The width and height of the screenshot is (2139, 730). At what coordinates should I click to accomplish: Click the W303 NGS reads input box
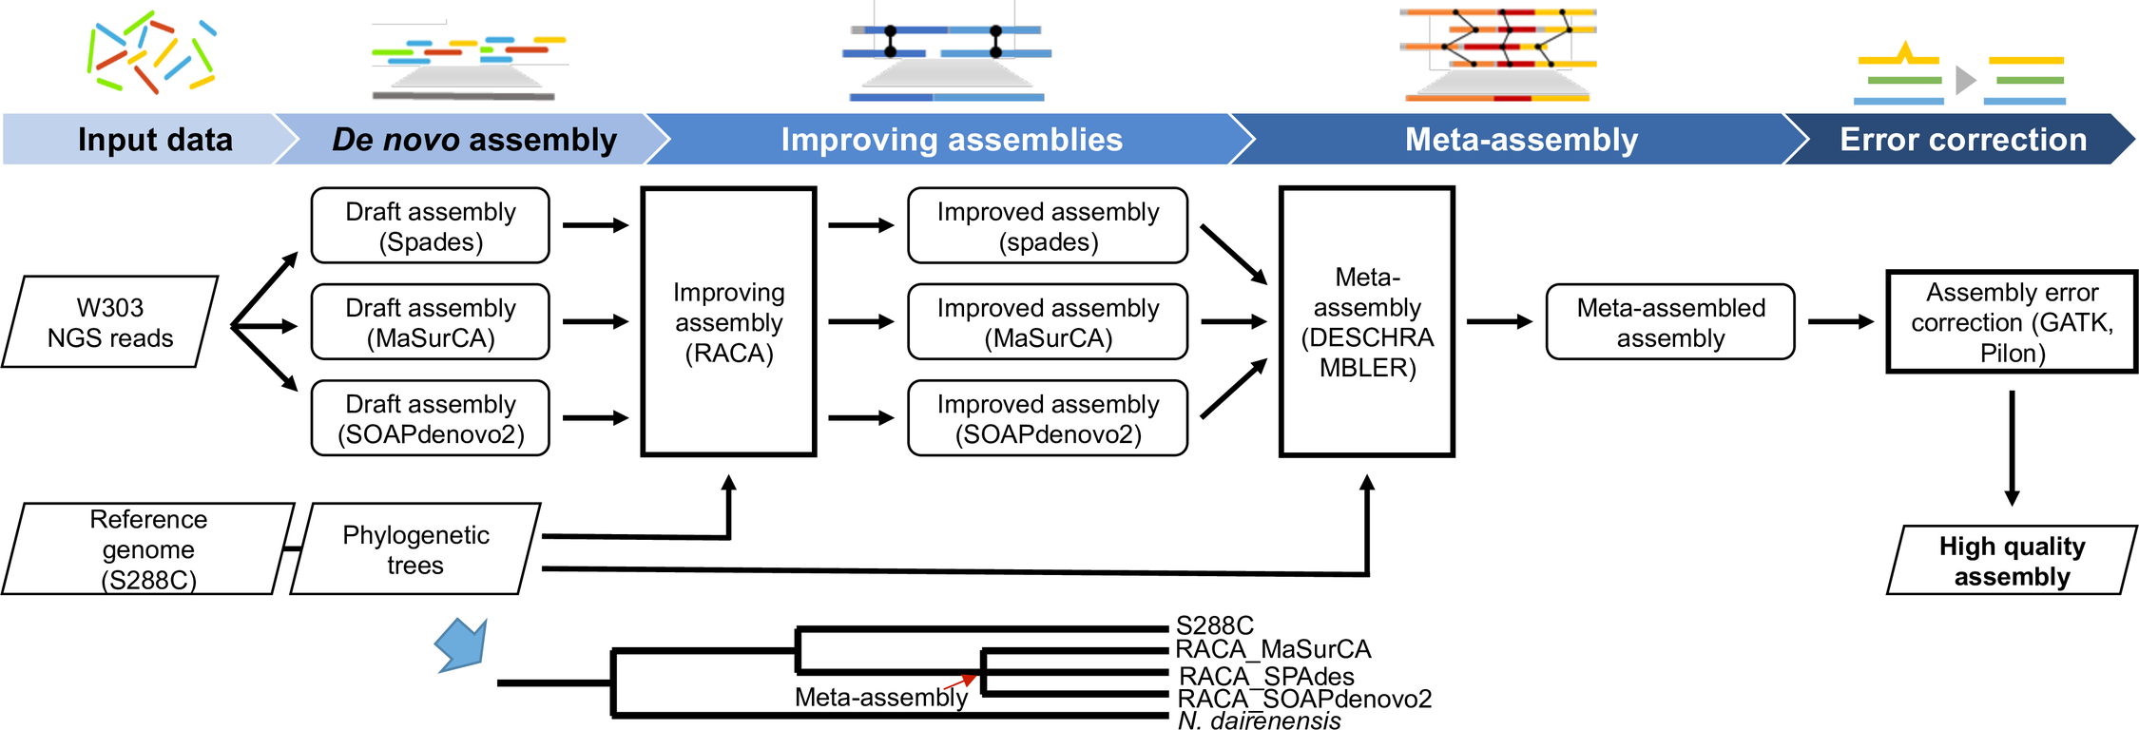pyautogui.click(x=110, y=322)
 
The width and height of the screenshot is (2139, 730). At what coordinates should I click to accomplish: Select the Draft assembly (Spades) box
pyautogui.click(x=431, y=226)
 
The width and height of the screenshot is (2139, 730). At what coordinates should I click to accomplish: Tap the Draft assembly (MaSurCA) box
pyautogui.click(x=431, y=322)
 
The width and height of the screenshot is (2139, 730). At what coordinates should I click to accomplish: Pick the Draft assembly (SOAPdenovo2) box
pyautogui.click(x=431, y=418)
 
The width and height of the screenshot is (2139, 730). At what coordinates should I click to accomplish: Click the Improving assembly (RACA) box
pyautogui.click(x=729, y=322)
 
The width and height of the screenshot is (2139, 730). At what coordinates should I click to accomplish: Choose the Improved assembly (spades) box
pyautogui.click(x=1048, y=226)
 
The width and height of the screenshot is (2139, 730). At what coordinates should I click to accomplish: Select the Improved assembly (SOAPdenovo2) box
pyautogui.click(x=1048, y=418)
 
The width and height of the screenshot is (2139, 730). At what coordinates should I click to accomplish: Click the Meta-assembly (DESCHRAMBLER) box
pyautogui.click(x=1367, y=322)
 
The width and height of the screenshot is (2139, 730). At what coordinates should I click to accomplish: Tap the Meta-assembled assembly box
pyautogui.click(x=1670, y=322)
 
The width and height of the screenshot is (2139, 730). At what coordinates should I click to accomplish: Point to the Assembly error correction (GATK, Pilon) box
pyautogui.click(x=2012, y=322)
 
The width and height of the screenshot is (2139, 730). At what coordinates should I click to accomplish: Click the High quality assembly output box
pyautogui.click(x=2012, y=561)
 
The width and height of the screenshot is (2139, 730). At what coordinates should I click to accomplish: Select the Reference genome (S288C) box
pyautogui.click(x=148, y=549)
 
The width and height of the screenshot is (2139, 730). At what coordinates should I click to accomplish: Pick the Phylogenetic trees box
pyautogui.click(x=415, y=549)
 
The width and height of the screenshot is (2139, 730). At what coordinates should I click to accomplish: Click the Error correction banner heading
pyautogui.click(x=1962, y=140)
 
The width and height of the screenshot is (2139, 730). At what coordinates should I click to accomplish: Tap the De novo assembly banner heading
pyautogui.click(x=474, y=140)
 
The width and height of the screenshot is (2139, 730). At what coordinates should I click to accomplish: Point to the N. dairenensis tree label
pyautogui.click(x=1259, y=720)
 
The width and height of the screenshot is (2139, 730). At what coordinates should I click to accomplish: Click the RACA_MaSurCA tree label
pyautogui.click(x=1273, y=649)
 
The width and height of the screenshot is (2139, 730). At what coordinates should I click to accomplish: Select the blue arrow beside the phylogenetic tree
pyautogui.click(x=463, y=644)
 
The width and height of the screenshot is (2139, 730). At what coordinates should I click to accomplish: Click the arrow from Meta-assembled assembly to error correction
pyautogui.click(x=1840, y=322)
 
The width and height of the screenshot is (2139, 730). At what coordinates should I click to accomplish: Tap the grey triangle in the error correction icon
pyautogui.click(x=1965, y=80)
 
